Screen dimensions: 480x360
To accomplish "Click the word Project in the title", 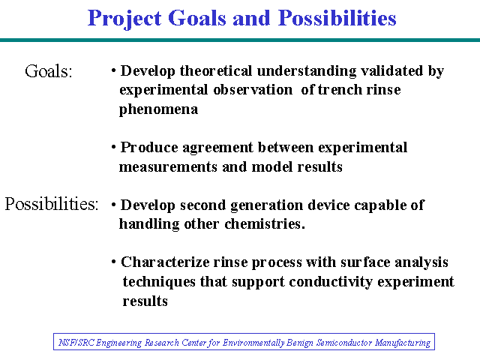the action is [124, 19].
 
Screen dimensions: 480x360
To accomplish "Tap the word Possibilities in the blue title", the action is [337, 18].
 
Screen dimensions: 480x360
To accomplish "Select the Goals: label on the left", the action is [48, 71].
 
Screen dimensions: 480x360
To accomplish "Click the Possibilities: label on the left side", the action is [52, 204].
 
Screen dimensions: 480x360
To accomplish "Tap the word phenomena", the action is [158, 109].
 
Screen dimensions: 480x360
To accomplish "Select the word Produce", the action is [149, 147].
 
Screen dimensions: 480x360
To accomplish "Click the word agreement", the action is [217, 148].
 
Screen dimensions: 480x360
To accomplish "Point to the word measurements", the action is [168, 166].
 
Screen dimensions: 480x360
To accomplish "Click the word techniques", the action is [159, 282].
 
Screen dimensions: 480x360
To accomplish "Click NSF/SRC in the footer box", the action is [76, 342].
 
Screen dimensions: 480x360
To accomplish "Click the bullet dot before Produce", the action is [114, 147].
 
